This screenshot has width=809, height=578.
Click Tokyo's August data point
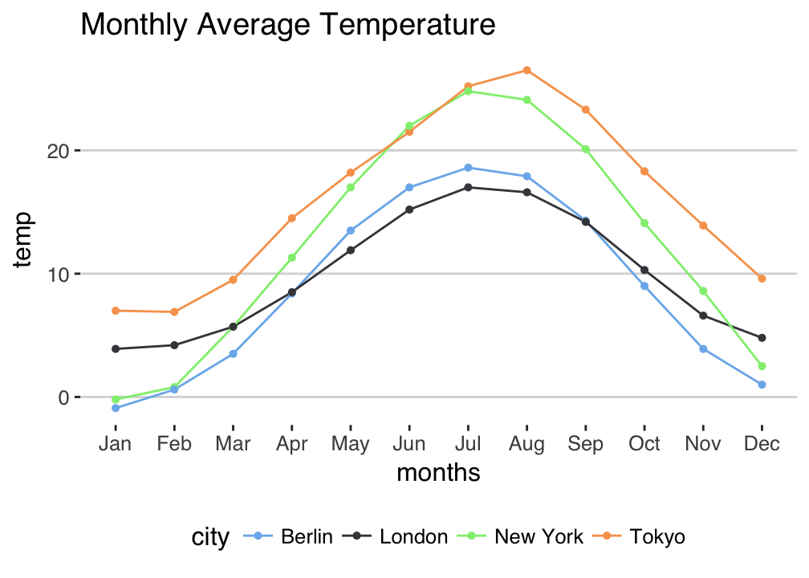click(526, 70)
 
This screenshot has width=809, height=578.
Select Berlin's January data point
click(116, 409)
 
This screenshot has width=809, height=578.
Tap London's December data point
click(762, 338)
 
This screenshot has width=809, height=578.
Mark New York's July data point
click(468, 91)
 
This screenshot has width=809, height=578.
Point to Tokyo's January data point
click(116, 311)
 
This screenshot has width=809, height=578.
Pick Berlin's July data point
click(468, 168)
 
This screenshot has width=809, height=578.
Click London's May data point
click(351, 250)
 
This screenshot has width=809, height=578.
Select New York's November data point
click(703, 291)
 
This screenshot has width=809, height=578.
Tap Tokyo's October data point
click(644, 171)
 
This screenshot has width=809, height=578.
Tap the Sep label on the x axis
click(585, 444)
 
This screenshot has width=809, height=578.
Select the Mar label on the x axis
click(233, 444)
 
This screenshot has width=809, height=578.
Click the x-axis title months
click(438, 473)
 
